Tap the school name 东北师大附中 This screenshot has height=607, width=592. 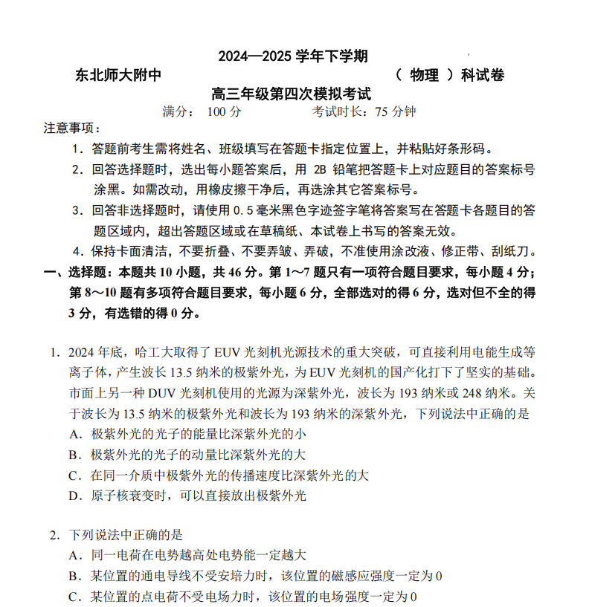(x=118, y=75)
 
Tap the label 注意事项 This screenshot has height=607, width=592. (x=71, y=129)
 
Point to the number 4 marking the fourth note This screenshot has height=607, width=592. (x=77, y=250)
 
